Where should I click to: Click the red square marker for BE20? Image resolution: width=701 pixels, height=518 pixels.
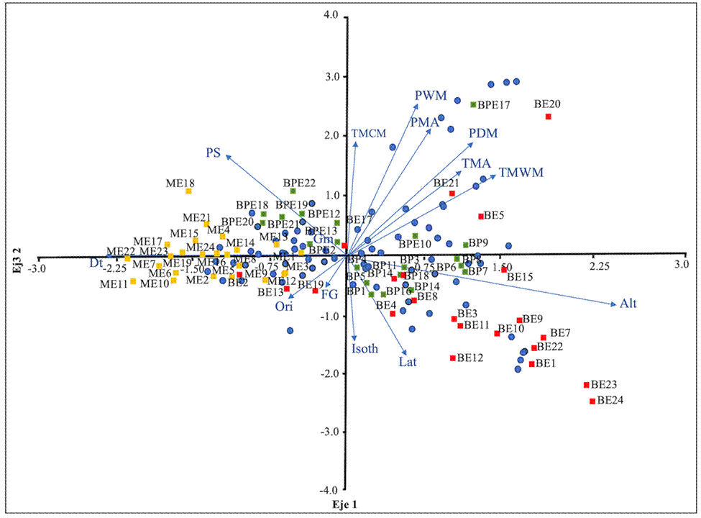click(x=549, y=117)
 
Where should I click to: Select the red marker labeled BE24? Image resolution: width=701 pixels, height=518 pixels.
click(x=592, y=401)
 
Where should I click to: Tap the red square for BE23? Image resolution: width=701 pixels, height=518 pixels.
click(x=586, y=385)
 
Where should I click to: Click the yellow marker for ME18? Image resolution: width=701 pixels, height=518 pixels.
click(x=188, y=191)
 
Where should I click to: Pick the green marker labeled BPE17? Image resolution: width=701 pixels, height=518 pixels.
click(x=473, y=105)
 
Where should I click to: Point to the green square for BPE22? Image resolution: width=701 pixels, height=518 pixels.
click(x=293, y=191)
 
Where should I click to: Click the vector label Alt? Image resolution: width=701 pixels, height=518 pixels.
click(x=628, y=304)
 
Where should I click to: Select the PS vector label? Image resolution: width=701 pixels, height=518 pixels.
click(x=213, y=153)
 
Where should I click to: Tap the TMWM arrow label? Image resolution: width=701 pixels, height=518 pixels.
click(x=521, y=173)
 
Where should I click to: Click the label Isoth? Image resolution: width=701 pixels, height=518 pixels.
click(x=365, y=350)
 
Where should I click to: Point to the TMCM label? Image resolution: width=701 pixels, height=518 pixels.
click(x=369, y=133)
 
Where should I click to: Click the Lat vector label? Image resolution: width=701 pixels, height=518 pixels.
click(x=408, y=362)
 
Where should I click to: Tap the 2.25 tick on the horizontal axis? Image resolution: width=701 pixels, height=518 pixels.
click(x=598, y=266)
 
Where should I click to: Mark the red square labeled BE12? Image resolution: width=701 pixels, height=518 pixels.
click(x=452, y=358)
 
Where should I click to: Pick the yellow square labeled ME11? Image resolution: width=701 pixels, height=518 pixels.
click(x=133, y=281)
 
